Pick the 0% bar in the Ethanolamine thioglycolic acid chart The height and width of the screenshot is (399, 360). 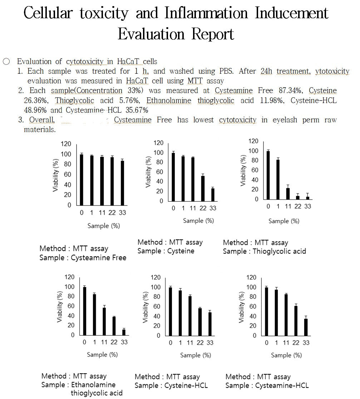[84, 311]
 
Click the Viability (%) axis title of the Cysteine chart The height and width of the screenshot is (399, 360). [148, 172]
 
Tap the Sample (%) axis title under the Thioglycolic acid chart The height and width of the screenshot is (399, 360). [284, 221]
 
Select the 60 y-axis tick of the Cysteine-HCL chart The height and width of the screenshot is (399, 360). [157, 307]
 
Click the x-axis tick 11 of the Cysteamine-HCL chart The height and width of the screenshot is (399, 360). [286, 343]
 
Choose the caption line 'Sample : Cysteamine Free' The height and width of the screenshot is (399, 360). [83, 258]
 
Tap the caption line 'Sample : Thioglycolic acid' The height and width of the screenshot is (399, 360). [264, 251]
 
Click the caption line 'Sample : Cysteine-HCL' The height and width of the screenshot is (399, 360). [171, 386]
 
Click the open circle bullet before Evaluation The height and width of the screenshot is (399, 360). [6, 62]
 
